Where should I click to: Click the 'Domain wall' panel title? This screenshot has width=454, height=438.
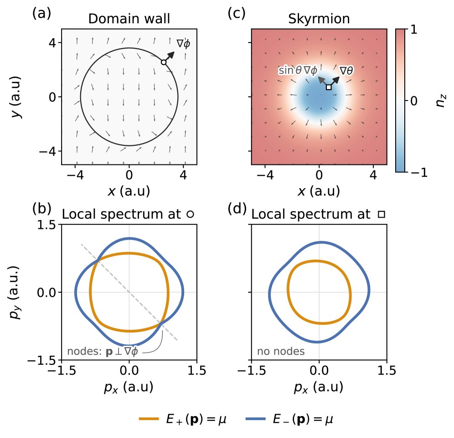[129, 19]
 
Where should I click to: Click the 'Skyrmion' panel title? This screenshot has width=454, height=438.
[319, 19]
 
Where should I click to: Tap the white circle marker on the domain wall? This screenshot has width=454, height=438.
[164, 62]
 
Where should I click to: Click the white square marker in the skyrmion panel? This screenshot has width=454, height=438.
[329, 87]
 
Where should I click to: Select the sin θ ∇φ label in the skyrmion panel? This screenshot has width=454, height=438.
[298, 71]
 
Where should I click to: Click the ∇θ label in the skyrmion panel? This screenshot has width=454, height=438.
[347, 71]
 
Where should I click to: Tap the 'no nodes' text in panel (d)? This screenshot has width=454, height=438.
[281, 352]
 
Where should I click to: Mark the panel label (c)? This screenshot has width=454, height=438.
[236, 14]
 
